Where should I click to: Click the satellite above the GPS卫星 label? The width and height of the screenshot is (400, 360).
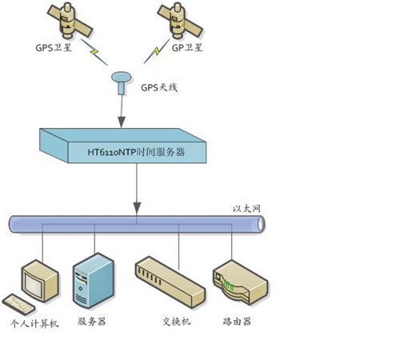70,21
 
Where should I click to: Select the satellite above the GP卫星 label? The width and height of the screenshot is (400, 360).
180,20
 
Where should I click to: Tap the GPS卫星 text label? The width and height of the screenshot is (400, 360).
54,48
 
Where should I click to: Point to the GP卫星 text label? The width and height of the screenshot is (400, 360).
186,48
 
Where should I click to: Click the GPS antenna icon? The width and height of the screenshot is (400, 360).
122,82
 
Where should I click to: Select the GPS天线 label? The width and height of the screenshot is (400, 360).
159,87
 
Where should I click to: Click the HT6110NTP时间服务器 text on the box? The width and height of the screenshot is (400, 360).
136,152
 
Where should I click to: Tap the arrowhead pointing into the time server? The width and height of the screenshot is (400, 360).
122,122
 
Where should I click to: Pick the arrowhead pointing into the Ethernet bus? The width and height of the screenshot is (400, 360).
137,208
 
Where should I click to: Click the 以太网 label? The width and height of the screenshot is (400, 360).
246,209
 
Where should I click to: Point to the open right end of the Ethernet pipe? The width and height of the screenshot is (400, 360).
261,224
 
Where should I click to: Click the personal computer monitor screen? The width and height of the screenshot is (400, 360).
33,286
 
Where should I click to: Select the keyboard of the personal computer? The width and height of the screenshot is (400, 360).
18,305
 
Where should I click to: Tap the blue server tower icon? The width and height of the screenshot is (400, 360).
94,281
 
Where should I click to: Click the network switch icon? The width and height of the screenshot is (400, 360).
170,282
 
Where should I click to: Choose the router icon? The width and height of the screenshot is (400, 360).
241,282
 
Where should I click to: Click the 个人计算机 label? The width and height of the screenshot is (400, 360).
34,323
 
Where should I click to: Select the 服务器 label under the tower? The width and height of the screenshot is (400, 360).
91,322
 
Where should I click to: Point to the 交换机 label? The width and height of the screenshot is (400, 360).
177,322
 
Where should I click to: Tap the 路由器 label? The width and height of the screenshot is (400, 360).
237,322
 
